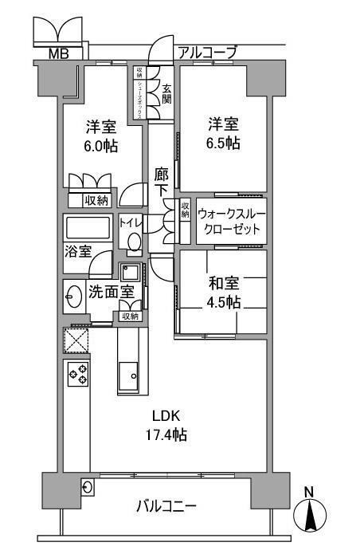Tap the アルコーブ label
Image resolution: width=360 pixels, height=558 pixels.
[207, 53]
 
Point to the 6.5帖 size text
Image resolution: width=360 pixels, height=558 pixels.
[224, 143]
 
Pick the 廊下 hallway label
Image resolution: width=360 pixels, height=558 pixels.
[162, 182]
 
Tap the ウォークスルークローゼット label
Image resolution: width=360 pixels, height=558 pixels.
[230, 221]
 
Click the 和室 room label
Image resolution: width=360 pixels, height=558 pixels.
[224, 283]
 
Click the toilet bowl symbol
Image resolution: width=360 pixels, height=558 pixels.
[134, 242]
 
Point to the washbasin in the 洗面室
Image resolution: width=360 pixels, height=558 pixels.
[74, 297]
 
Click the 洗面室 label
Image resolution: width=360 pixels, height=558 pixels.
[111, 291]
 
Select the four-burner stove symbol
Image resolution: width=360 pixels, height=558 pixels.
[77, 374]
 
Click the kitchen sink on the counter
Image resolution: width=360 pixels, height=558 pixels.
[129, 373]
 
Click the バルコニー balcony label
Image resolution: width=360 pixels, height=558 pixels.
[166, 506]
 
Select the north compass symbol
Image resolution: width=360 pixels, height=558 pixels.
[311, 513]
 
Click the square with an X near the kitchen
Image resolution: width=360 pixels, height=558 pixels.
[77, 341]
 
